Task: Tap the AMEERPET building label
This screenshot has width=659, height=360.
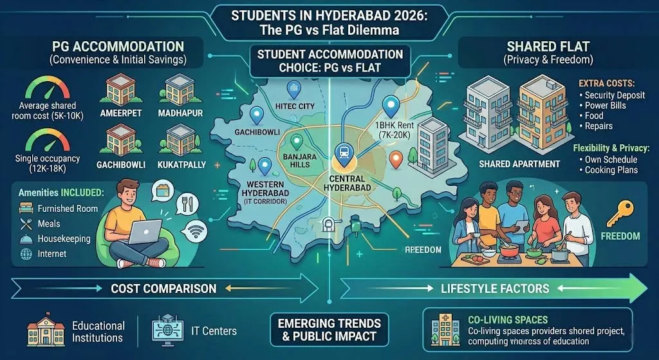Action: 120,114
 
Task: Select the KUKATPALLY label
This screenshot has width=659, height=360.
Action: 181,164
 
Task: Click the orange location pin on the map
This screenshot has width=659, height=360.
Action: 396,157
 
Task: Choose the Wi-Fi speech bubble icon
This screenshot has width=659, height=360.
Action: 196,229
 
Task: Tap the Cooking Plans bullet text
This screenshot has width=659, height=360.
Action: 611,170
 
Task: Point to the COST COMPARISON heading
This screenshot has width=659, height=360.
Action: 163,288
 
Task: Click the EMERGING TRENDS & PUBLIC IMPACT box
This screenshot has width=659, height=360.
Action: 329,330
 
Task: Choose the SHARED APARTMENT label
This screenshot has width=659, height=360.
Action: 519,164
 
